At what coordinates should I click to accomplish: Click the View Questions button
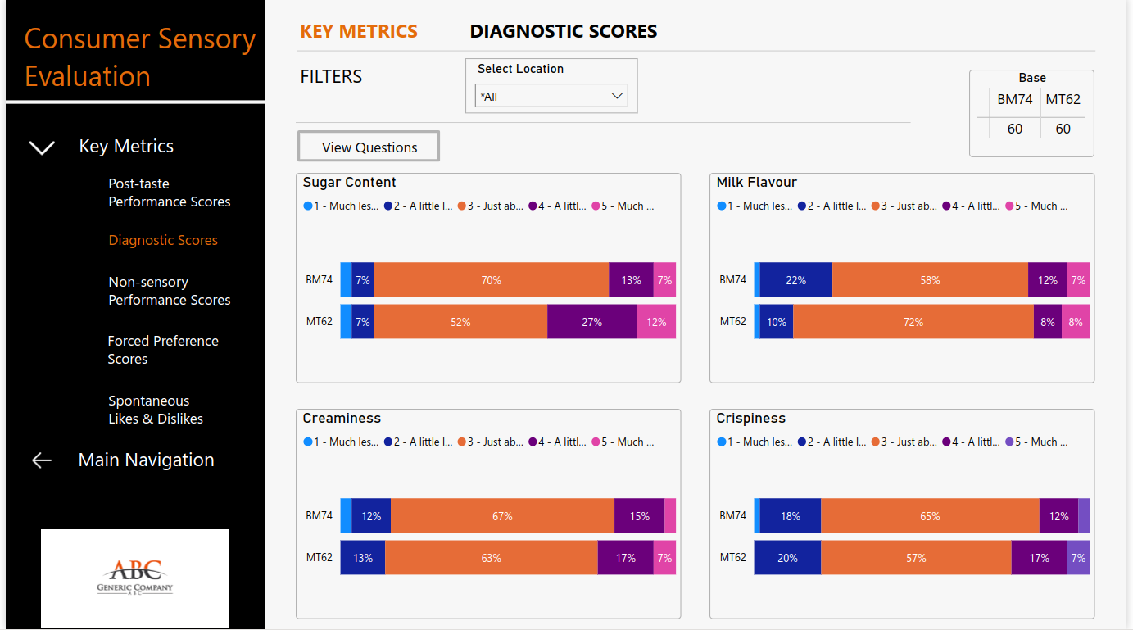(x=369, y=147)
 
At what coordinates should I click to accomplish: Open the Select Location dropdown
(x=551, y=96)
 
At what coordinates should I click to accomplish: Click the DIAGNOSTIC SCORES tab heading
(x=563, y=32)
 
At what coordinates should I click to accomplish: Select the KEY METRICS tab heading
(x=359, y=32)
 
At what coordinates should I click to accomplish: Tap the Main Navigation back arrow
(x=42, y=460)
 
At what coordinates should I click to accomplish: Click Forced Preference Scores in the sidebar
(x=163, y=350)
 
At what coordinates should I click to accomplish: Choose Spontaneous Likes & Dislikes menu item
(x=156, y=410)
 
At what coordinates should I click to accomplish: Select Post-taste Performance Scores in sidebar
(x=170, y=193)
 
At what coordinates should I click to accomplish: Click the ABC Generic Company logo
(x=135, y=578)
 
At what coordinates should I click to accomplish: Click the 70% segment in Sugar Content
(x=492, y=280)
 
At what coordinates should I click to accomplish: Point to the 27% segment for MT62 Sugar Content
(x=591, y=322)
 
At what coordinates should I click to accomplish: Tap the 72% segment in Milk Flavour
(x=913, y=322)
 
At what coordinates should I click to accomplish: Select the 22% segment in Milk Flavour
(x=795, y=280)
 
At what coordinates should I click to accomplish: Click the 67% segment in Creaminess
(x=502, y=516)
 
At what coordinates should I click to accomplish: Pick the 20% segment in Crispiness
(x=787, y=558)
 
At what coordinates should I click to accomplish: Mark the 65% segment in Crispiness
(x=930, y=516)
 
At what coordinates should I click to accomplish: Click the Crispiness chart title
(x=750, y=419)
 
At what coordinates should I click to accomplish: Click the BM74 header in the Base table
(x=1014, y=100)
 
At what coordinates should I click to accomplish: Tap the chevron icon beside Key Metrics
(x=42, y=147)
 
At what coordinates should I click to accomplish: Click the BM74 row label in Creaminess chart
(x=319, y=516)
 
